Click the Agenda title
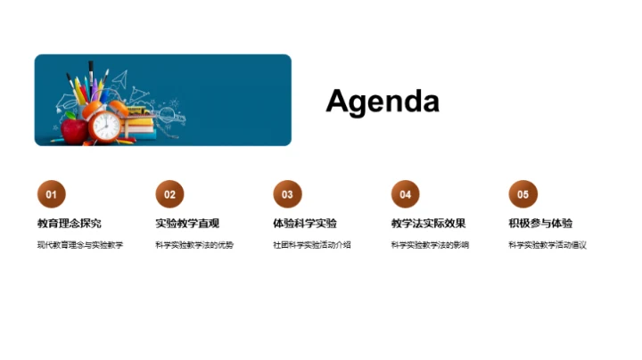[x=383, y=101]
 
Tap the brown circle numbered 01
[x=51, y=194]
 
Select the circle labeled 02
[x=169, y=194]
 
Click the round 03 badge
[x=287, y=194]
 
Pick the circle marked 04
[x=405, y=194]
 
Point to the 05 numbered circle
[x=523, y=194]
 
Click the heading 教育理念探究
[x=69, y=224]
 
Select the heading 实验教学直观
[x=187, y=224]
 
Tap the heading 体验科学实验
[x=305, y=224]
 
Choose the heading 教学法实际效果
[x=428, y=224]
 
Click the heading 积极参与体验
[x=540, y=224]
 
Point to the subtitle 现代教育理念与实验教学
[x=80, y=245]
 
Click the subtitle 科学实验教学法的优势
[x=194, y=245]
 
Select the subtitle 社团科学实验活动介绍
[x=312, y=245]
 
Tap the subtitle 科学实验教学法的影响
[x=430, y=245]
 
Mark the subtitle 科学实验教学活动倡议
[x=547, y=245]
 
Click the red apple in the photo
[x=74, y=131]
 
